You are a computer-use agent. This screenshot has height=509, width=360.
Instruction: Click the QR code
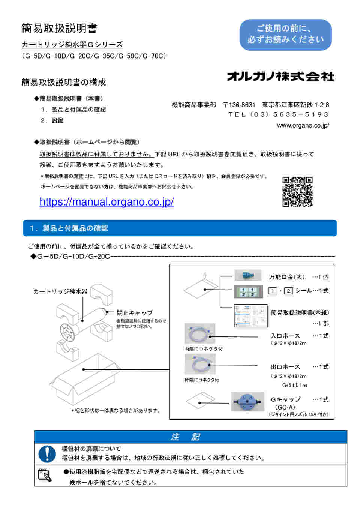click(x=297, y=192)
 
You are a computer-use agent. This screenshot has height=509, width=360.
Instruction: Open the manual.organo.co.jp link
click(x=106, y=202)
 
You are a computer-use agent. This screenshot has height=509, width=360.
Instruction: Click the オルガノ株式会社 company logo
click(x=280, y=76)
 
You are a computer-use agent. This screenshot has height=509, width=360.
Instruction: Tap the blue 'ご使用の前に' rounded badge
click(x=285, y=35)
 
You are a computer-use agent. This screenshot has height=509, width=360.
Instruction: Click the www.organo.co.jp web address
click(x=303, y=125)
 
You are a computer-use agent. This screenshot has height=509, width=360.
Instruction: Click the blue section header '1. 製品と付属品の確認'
click(x=180, y=228)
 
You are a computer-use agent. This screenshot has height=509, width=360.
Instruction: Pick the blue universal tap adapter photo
click(x=248, y=276)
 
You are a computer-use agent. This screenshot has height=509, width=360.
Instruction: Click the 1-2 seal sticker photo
click(x=248, y=292)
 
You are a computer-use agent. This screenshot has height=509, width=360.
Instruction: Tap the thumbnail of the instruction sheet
click(x=250, y=315)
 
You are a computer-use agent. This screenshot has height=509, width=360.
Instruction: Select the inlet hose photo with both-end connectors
click(x=200, y=333)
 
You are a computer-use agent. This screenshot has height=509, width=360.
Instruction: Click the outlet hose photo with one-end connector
click(x=200, y=364)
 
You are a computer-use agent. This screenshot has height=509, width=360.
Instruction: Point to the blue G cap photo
click(x=248, y=402)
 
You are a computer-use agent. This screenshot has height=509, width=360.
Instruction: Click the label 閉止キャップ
click(x=134, y=313)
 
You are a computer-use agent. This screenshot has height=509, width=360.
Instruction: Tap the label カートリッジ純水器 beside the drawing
click(x=60, y=291)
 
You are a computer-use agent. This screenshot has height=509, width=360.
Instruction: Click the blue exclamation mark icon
click(x=47, y=454)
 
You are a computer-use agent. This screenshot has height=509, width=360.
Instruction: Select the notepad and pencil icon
click(x=45, y=475)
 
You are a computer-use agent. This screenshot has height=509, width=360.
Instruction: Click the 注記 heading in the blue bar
click(x=185, y=437)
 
